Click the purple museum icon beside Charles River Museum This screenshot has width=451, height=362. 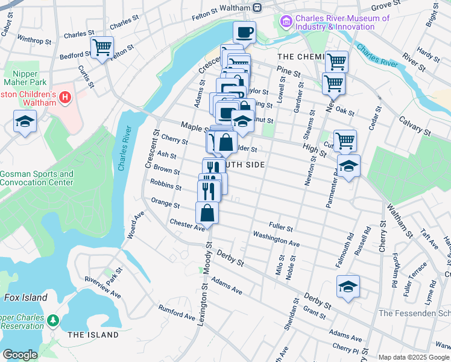tap(286, 22)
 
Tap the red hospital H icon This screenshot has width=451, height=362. tap(66, 97)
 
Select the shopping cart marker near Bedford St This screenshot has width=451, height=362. tap(102, 46)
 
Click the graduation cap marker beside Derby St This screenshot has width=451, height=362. tap(348, 287)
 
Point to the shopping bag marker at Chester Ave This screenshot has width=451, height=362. tap(207, 212)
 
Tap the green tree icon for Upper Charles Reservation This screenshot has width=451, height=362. tap(53, 319)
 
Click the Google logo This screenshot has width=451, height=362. tap(20, 355)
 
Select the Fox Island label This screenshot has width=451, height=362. tap(25, 297)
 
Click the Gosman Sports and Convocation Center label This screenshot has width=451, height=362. tap(37, 178)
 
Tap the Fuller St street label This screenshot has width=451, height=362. tap(281, 227)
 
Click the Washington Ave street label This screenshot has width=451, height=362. tap(276, 238)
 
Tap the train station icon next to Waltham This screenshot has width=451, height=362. tap(257, 7)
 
